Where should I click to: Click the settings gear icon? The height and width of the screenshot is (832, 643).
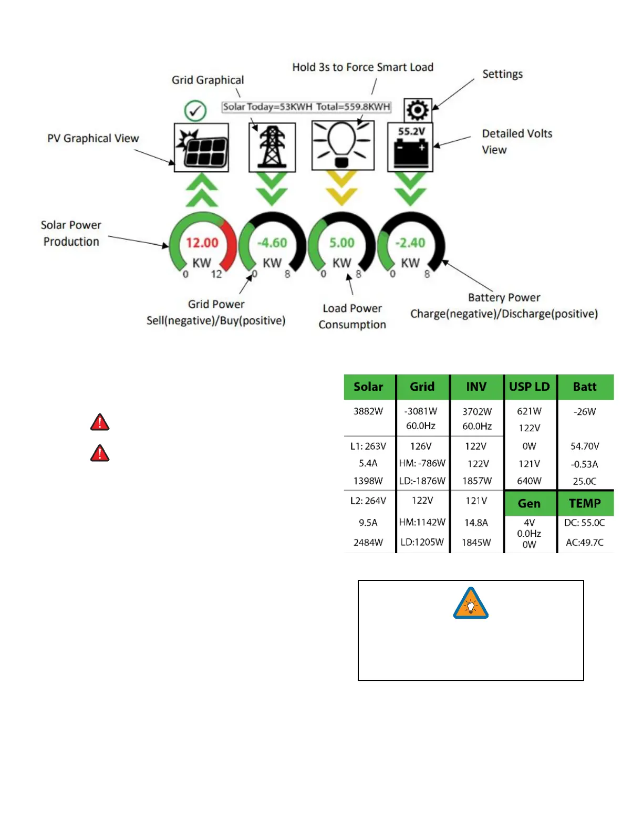418,110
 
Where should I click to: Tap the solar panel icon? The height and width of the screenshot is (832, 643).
202,148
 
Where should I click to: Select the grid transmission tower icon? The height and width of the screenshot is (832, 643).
272,148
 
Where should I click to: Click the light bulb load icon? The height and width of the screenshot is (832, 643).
343,145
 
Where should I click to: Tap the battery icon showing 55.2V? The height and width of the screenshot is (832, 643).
410,148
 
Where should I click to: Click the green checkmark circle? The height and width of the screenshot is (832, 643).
195,111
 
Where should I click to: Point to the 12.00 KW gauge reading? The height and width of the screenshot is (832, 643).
202,243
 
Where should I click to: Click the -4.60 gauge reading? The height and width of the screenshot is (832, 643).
272,243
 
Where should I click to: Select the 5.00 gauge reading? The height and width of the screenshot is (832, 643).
342,243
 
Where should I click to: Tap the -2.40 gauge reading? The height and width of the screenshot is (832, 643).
410,243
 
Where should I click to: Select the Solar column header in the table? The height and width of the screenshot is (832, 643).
368,387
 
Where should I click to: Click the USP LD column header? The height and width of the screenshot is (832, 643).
529,387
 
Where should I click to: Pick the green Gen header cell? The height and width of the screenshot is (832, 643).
529,504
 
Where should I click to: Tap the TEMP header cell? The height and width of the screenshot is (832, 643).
585,504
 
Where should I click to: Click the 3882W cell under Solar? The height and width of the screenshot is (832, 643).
368,411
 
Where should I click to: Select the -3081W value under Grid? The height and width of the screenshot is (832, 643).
421,411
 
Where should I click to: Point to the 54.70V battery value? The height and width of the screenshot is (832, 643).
585,446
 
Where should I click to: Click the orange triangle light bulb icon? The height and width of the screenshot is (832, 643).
471,604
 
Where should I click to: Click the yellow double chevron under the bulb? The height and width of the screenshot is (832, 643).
342,188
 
